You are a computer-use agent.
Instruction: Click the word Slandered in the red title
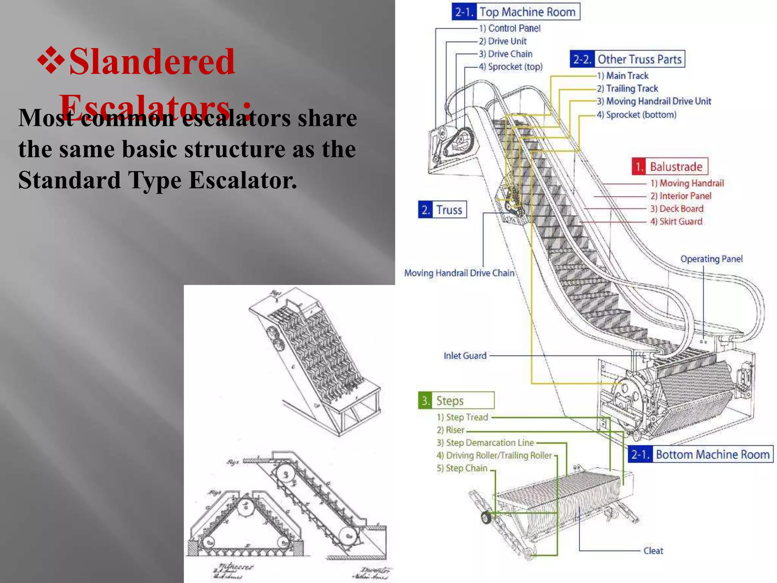click(152, 61)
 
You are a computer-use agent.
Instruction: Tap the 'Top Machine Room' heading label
click(516, 12)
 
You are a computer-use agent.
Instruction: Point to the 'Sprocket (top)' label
click(510, 67)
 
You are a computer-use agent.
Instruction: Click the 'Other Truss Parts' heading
click(628, 59)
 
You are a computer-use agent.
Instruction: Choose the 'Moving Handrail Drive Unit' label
click(654, 101)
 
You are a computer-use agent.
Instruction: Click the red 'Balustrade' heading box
click(670, 167)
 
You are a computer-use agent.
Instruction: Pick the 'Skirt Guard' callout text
click(676, 222)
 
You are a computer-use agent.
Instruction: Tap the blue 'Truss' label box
click(442, 210)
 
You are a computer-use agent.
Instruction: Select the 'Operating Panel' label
click(711, 259)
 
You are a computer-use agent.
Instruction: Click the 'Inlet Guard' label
click(465, 356)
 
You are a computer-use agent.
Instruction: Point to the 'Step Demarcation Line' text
click(485, 443)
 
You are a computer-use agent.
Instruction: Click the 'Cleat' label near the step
click(653, 551)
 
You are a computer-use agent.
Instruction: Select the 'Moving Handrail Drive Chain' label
click(459, 273)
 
